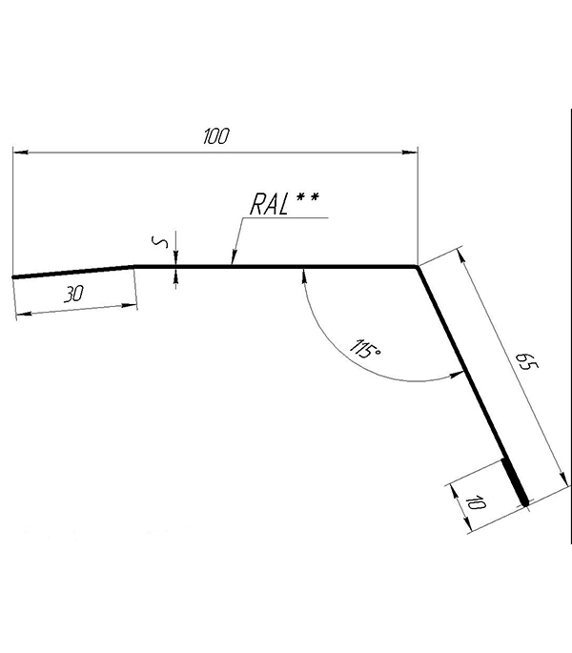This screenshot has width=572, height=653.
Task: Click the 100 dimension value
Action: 216,136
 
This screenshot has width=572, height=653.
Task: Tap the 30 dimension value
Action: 73,294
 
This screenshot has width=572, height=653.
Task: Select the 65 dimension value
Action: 526,360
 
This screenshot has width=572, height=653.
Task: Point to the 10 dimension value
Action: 476,502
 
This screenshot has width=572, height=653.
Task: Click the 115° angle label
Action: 365,349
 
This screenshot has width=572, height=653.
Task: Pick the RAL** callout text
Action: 284,203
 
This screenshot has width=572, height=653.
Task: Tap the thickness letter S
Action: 159,242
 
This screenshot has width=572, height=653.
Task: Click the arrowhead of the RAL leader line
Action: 234,257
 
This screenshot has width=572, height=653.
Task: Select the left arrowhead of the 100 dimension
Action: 20,153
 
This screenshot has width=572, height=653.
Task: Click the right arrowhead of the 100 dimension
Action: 410,153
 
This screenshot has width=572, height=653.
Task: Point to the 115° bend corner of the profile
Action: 417,267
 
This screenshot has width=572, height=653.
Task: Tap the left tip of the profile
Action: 13,277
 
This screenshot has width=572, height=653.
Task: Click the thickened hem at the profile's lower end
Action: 516,482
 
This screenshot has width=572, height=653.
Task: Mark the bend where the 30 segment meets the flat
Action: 134,266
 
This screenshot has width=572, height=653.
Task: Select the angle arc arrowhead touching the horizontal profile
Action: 304,275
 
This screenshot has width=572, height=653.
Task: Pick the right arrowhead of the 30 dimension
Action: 129,307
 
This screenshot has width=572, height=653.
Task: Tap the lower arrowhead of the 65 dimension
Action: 562,479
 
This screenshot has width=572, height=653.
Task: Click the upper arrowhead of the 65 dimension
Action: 462,256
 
